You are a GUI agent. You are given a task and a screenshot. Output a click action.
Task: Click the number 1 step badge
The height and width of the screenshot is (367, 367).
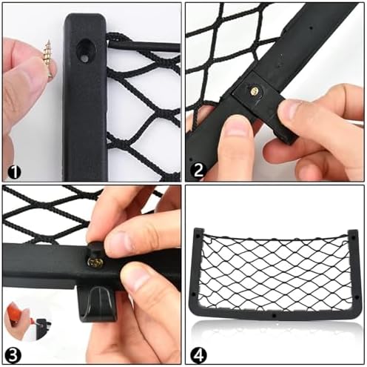(14, 172)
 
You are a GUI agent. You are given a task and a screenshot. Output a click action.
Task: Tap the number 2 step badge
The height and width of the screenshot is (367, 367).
(198, 170)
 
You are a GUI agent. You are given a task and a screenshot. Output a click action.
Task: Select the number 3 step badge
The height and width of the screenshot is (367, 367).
(13, 355)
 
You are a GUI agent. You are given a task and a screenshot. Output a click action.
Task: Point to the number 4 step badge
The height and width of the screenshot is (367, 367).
(198, 355)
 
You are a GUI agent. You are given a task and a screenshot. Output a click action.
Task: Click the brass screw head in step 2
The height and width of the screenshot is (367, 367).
(256, 92)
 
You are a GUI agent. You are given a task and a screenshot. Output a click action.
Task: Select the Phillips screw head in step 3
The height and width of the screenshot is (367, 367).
(95, 262)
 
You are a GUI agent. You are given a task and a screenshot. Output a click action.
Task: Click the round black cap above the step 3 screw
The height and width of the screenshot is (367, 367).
(98, 248)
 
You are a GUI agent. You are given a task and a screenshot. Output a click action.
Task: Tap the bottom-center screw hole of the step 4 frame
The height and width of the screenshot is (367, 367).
(274, 316)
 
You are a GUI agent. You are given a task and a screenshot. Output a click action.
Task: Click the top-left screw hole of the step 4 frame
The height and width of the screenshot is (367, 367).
(198, 236)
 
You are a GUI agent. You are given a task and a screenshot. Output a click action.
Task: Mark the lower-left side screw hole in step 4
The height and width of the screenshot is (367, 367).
(194, 294)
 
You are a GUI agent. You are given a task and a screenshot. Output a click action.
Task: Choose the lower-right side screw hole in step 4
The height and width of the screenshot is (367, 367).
(357, 298)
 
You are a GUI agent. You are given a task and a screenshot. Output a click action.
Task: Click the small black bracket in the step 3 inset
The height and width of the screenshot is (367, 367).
(42, 325)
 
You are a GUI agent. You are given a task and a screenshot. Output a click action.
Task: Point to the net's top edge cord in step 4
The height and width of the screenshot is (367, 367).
(276, 239)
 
